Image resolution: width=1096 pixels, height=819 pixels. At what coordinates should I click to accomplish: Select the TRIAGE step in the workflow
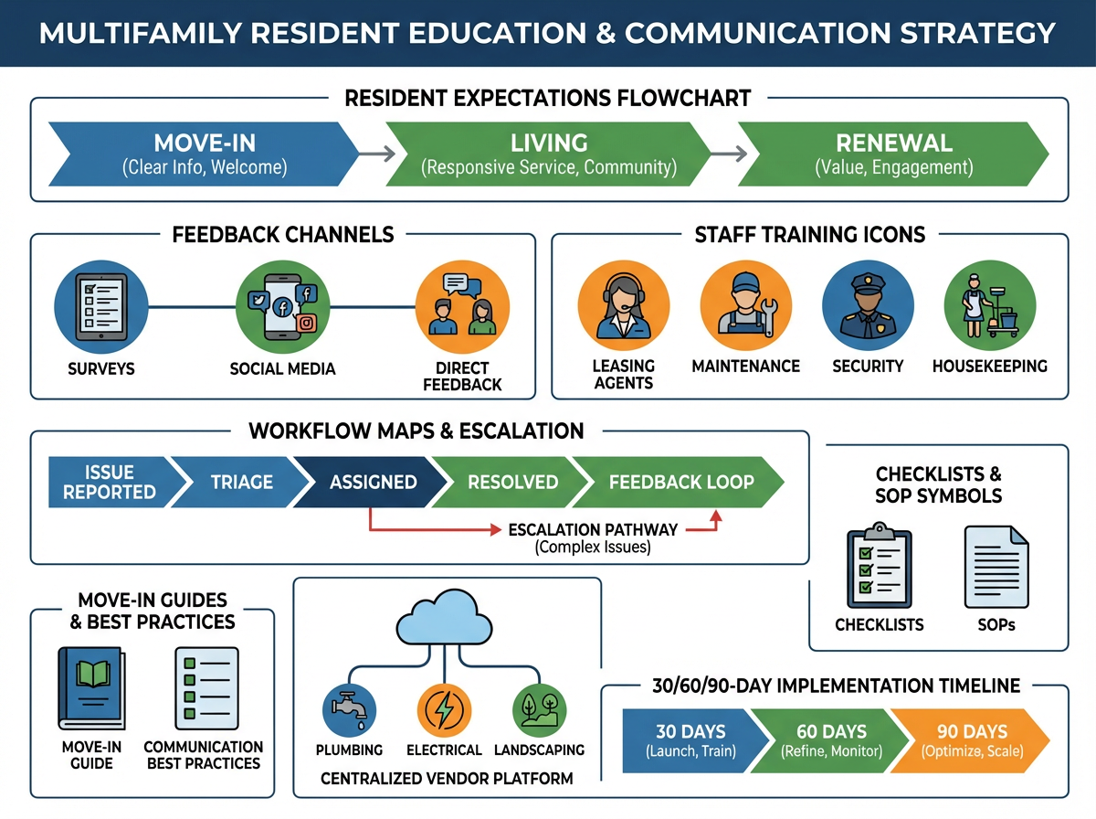point(241,482)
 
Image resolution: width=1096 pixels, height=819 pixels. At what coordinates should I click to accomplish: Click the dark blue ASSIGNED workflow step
point(373,482)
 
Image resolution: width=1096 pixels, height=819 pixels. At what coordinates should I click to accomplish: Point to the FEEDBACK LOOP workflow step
point(681,482)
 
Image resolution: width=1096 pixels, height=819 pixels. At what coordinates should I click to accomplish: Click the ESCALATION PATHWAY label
point(593,529)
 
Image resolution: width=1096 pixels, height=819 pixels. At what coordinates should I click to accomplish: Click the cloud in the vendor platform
point(448,620)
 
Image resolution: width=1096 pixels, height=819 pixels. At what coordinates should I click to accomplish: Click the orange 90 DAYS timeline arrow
point(972,741)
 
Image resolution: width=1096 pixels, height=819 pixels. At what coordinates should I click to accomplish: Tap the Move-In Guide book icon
point(90,689)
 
